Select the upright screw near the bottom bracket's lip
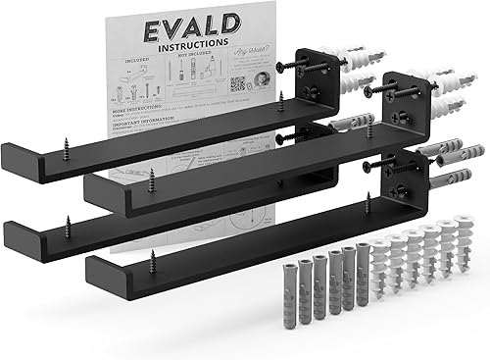point(152,260)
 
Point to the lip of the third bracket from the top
point(14,240)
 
